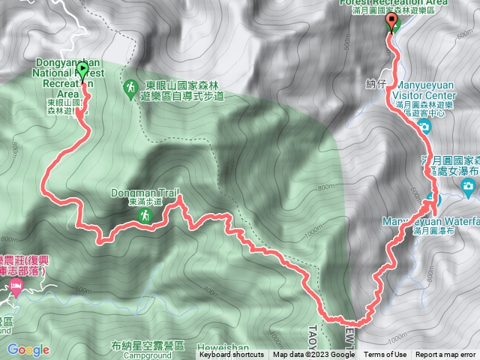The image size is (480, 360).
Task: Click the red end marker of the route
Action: (391, 21)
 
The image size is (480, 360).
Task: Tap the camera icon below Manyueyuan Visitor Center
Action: (424, 127)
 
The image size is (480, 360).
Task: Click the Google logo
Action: (28, 349)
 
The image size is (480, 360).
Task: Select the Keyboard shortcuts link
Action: (231, 355)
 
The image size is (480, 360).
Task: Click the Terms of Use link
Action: (385, 355)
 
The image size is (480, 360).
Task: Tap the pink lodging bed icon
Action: (15, 286)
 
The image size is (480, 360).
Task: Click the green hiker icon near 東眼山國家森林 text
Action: (129, 88)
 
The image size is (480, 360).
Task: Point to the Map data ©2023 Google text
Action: (313, 355)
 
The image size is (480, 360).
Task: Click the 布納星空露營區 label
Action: (147, 345)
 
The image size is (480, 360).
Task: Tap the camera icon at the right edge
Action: (469, 185)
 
